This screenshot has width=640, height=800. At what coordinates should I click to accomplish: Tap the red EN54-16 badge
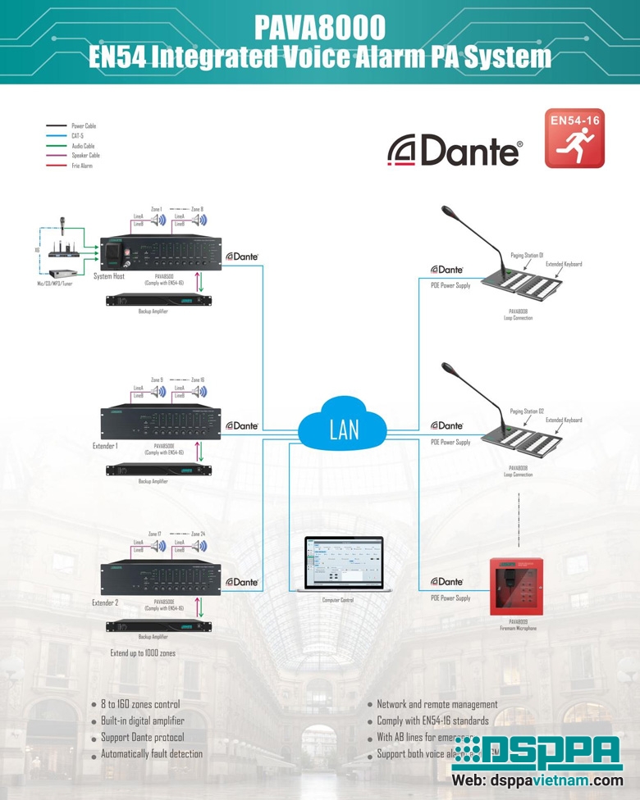pos(574,138)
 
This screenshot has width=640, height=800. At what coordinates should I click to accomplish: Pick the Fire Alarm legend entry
pos(82,166)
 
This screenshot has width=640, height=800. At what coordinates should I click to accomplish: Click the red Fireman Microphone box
pos(518,586)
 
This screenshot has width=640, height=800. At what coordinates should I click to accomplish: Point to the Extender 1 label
pos(106,447)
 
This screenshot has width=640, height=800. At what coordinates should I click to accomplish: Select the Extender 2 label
pos(106,602)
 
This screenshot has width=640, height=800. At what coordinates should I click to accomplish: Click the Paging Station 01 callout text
pos(527,256)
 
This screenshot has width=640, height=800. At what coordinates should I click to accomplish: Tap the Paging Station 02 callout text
pos(527,411)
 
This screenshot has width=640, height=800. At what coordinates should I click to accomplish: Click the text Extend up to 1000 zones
pos(143,653)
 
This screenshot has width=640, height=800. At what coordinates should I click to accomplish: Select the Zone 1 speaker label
pos(157,209)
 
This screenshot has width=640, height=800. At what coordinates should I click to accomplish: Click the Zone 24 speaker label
pos(198,534)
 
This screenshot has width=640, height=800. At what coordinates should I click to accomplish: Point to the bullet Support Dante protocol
pos(142,737)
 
